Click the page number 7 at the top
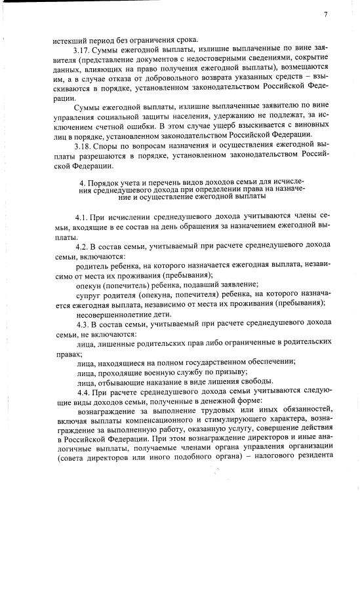pos(325,14)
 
